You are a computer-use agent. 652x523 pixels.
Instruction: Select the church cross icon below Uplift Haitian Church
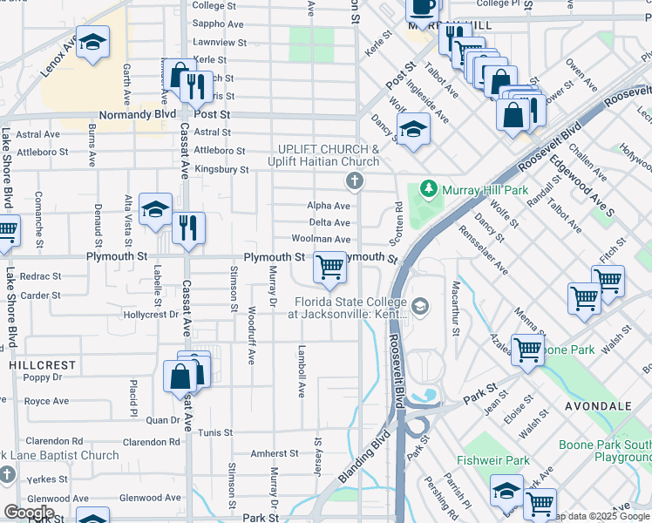(354, 181)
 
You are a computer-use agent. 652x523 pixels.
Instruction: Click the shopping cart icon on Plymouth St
(329, 267)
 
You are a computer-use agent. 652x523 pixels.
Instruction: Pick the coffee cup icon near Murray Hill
(423, 7)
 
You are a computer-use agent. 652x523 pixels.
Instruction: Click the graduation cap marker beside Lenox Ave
(92, 43)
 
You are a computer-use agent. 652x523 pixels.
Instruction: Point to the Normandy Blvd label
(139, 114)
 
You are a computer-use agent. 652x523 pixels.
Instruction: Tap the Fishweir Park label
(493, 460)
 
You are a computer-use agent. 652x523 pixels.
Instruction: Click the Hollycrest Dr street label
(153, 314)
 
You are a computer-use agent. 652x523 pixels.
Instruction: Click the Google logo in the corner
(29, 513)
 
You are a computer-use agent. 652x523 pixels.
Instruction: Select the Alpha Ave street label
(328, 206)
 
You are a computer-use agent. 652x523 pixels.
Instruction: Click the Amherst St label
(275, 453)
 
